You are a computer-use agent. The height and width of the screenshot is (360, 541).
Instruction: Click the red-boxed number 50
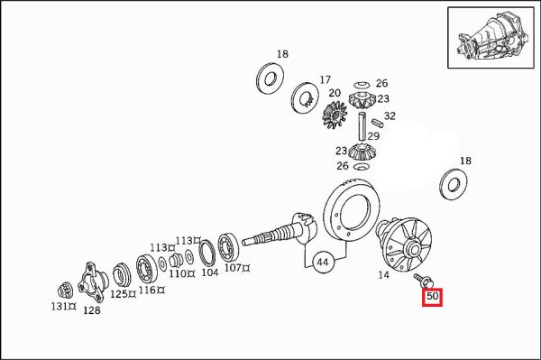pyautogui.click(x=432, y=297)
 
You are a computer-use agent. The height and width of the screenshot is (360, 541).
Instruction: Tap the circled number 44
pyautogui.click(x=323, y=263)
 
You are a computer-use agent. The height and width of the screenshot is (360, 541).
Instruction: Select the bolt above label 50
pyautogui.click(x=423, y=281)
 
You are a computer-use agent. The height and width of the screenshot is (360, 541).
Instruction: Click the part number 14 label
pyautogui.click(x=383, y=275)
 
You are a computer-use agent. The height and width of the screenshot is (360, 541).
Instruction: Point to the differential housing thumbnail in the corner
pyautogui.click(x=491, y=37)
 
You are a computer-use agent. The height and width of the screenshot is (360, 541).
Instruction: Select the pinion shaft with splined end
pyautogui.click(x=280, y=232)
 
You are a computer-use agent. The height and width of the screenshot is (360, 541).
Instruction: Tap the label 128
pyautogui.click(x=92, y=310)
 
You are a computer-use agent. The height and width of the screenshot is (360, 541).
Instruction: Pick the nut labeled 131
pyautogui.click(x=64, y=290)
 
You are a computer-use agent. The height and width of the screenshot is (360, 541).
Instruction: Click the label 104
pyautogui.click(x=210, y=272)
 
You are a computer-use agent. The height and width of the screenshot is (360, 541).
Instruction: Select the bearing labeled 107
pyautogui.click(x=228, y=248)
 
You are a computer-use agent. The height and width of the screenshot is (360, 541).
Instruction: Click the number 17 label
pyautogui.click(x=325, y=79)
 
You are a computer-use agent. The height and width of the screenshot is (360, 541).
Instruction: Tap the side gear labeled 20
pyautogui.click(x=335, y=115)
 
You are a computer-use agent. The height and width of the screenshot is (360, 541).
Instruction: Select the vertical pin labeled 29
pyautogui.click(x=362, y=126)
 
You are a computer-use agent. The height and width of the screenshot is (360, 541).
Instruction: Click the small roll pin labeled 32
pyautogui.click(x=377, y=123)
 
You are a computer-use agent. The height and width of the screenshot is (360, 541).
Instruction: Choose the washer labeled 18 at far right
pyautogui.click(x=454, y=185)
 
